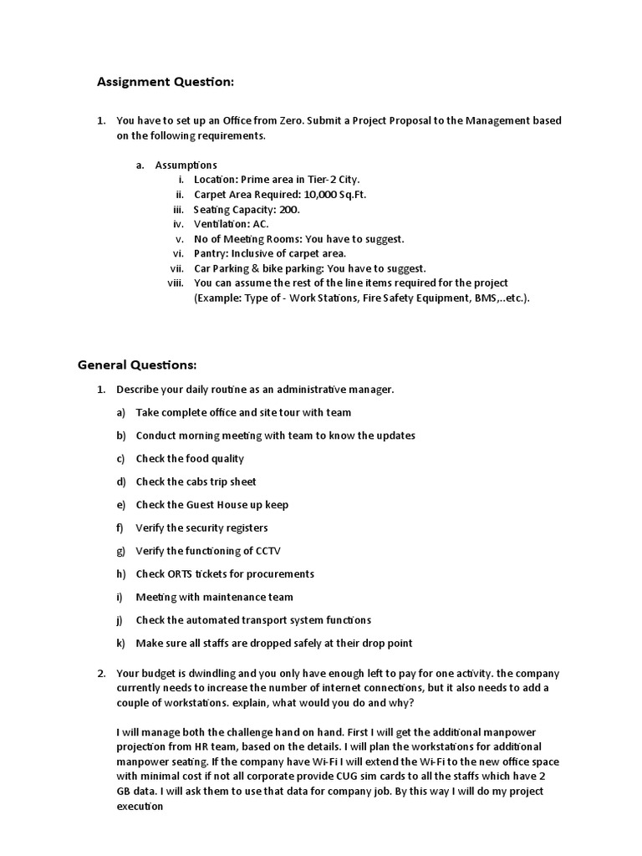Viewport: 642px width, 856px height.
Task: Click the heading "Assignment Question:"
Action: [x=166, y=82]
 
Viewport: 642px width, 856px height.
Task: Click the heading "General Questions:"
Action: [x=137, y=365]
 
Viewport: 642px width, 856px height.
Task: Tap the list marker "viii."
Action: [x=175, y=283]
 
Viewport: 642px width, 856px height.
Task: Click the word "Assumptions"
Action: [x=186, y=165]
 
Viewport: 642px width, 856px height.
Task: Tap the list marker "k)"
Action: [x=120, y=644]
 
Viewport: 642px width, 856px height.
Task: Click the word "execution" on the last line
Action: [x=139, y=807]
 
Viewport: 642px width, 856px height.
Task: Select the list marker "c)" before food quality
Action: [x=120, y=459]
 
